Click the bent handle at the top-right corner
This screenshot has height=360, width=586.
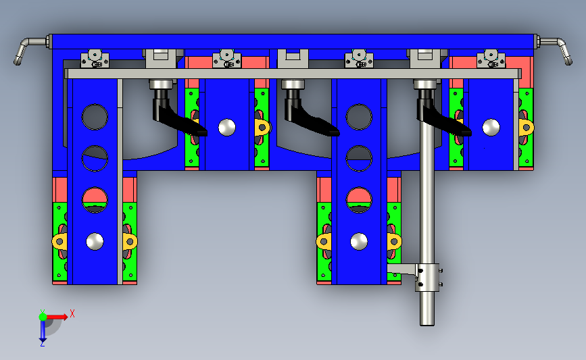click(560, 49)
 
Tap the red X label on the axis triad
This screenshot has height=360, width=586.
click(72, 313)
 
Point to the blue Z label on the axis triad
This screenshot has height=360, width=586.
click(42, 344)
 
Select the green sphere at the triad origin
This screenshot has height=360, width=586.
click(43, 316)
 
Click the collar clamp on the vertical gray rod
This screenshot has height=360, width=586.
click(427, 278)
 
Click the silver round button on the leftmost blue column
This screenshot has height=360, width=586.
click(95, 240)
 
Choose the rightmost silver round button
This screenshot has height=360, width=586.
click(491, 127)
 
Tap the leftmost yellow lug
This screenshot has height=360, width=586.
click(59, 240)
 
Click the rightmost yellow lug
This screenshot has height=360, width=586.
click(525, 127)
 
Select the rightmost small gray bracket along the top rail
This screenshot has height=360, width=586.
click(491, 59)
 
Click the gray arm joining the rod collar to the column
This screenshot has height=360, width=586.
click(403, 269)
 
